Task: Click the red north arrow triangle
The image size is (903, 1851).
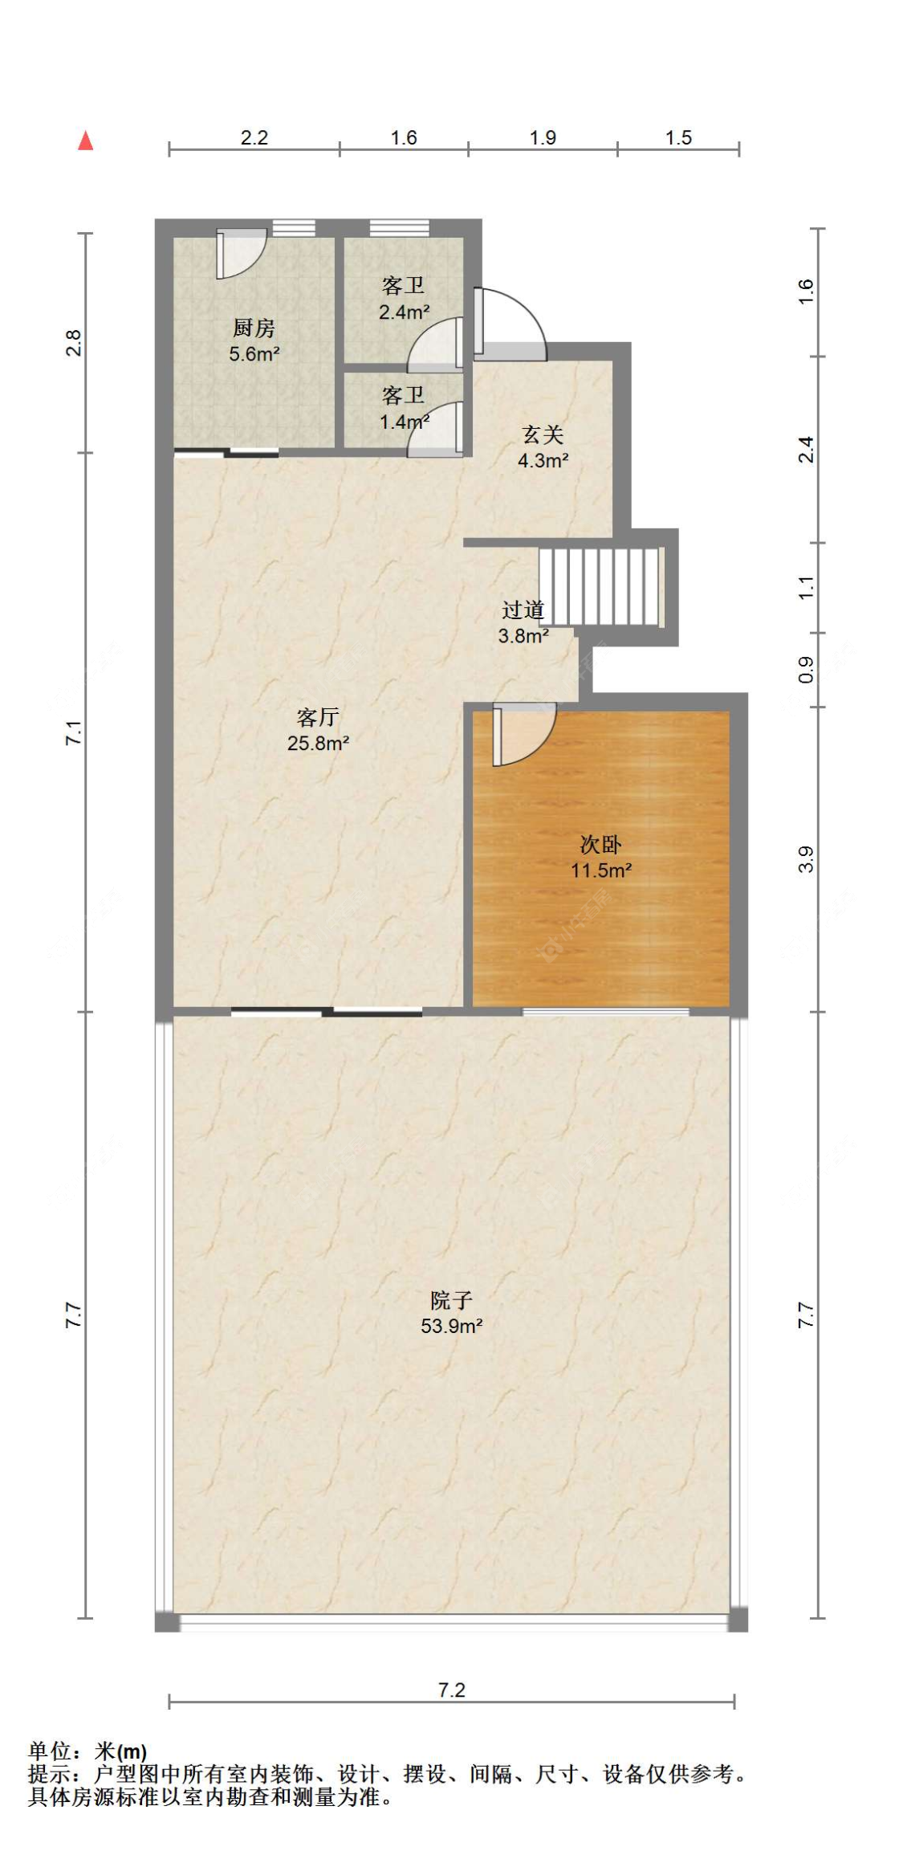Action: tap(86, 141)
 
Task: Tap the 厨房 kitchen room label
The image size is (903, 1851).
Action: tap(254, 328)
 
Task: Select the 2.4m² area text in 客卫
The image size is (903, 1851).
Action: tap(404, 312)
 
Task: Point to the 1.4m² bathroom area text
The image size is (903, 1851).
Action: tap(404, 421)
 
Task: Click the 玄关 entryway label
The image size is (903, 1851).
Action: tap(543, 434)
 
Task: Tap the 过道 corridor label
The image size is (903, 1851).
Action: tap(523, 610)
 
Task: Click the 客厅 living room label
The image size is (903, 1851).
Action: tap(318, 716)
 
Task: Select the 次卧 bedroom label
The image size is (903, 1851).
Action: tap(601, 844)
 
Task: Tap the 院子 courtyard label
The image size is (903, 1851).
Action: tap(451, 1299)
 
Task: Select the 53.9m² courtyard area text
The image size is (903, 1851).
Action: tap(451, 1326)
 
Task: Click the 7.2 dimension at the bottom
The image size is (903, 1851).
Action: tap(452, 1690)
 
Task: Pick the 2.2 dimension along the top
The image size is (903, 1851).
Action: tap(254, 137)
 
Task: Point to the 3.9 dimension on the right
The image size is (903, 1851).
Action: tap(806, 859)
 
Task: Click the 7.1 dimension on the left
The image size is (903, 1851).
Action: tap(73, 733)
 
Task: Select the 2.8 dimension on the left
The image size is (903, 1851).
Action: tap(73, 343)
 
